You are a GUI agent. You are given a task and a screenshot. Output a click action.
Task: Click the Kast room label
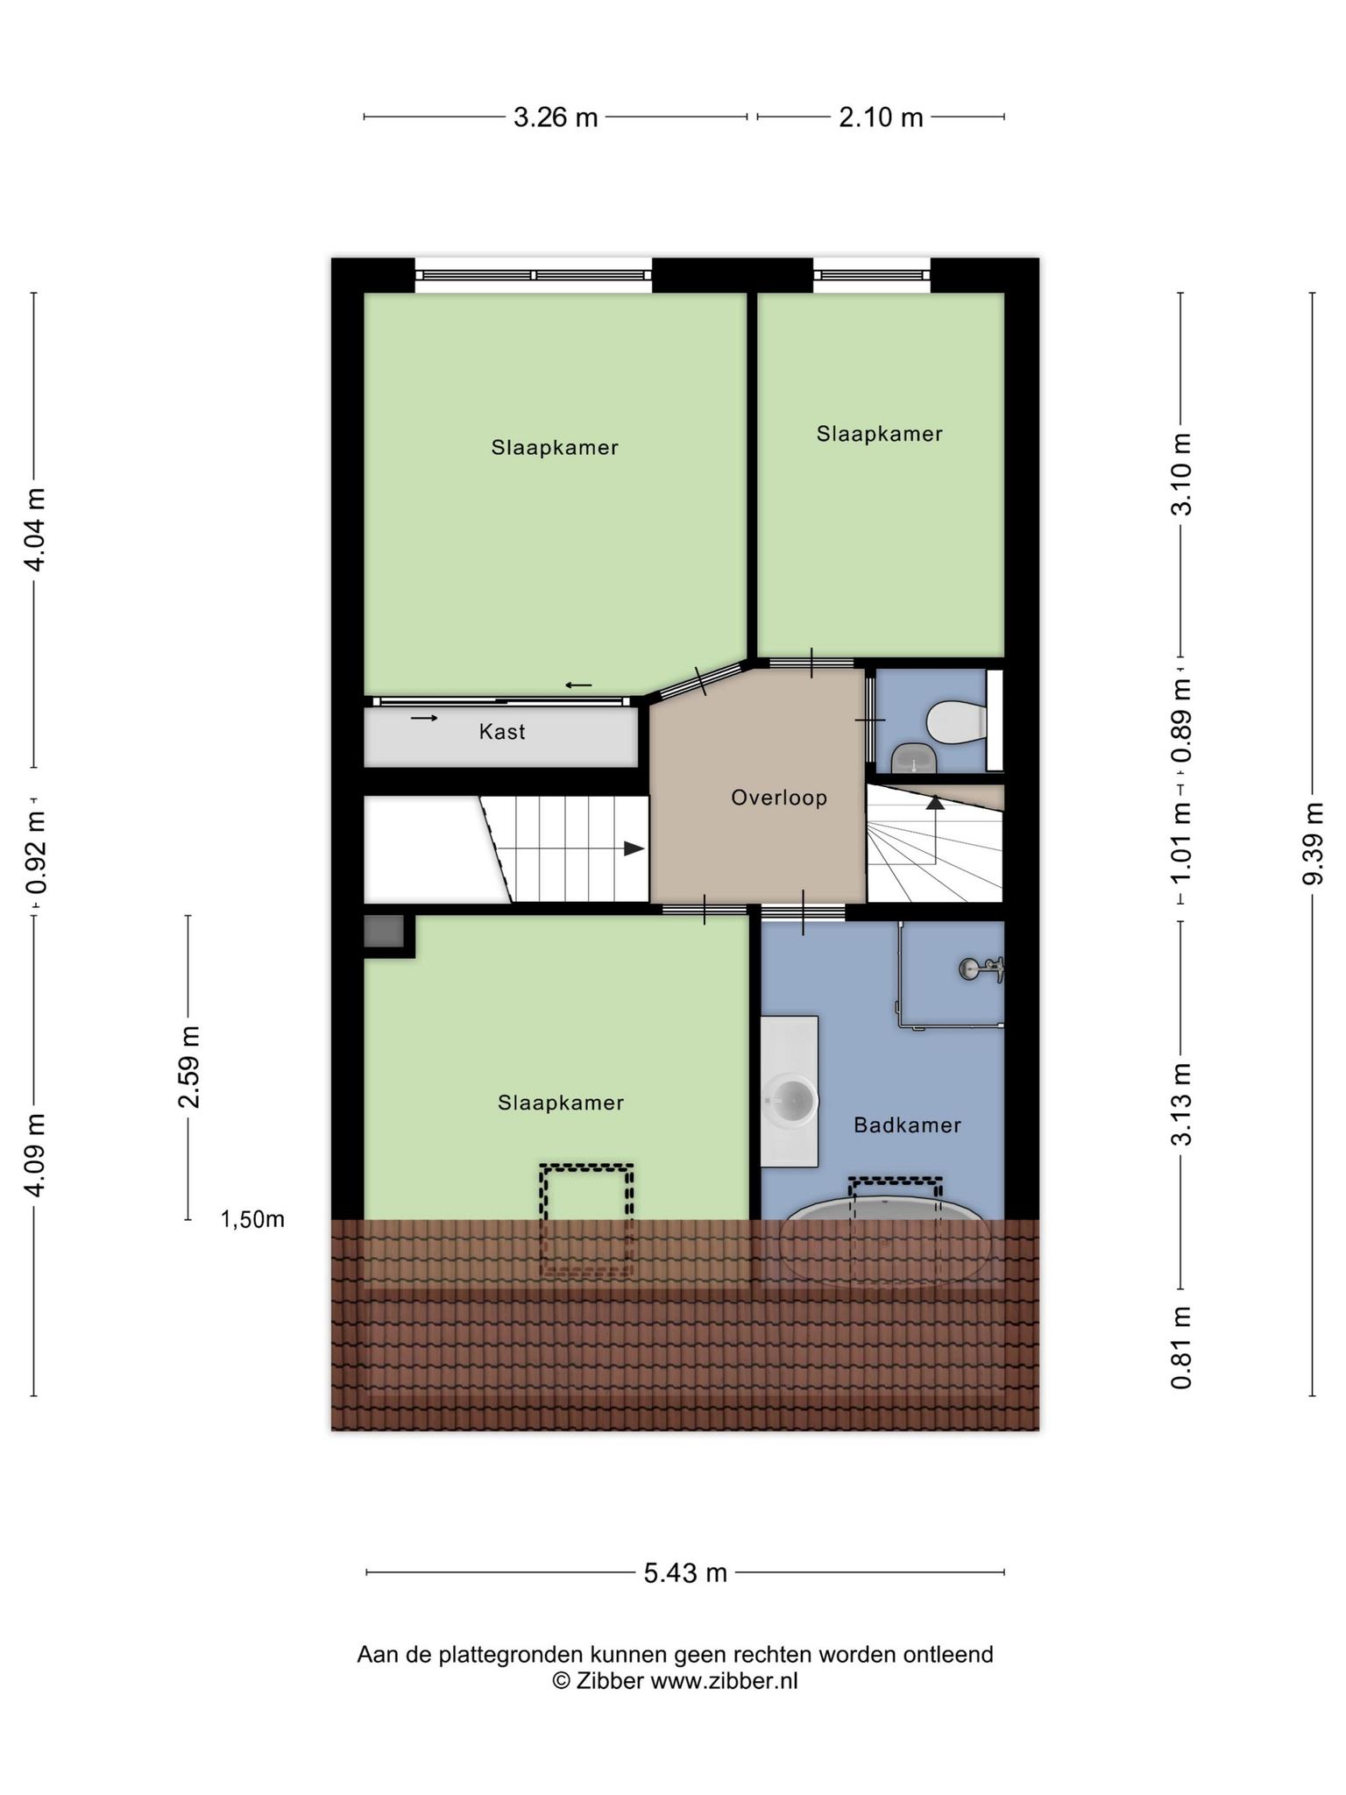501,732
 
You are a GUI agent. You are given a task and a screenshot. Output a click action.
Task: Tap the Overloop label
779,798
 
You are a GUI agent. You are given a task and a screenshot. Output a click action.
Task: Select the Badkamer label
907,1125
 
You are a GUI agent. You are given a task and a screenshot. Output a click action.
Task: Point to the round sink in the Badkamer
792,1098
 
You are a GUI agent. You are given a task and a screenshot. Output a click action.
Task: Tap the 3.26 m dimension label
556,117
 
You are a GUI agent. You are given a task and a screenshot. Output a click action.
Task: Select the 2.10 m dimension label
881,117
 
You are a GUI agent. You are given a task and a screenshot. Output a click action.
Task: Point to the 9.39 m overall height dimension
1312,843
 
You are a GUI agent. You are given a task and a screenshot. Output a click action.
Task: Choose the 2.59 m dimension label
189,1066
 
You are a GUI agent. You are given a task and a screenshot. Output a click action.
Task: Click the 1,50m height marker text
252,1219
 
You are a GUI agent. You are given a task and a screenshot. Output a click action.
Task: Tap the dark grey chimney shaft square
384,931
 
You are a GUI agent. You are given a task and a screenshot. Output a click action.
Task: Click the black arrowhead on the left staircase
634,848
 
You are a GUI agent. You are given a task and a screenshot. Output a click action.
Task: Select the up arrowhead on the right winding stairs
936,801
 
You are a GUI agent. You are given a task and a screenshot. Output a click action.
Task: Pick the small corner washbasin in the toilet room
914,758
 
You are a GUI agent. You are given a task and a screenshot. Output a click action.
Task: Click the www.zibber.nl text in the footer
724,1681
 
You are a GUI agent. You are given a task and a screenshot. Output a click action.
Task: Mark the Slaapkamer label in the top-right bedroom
879,434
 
